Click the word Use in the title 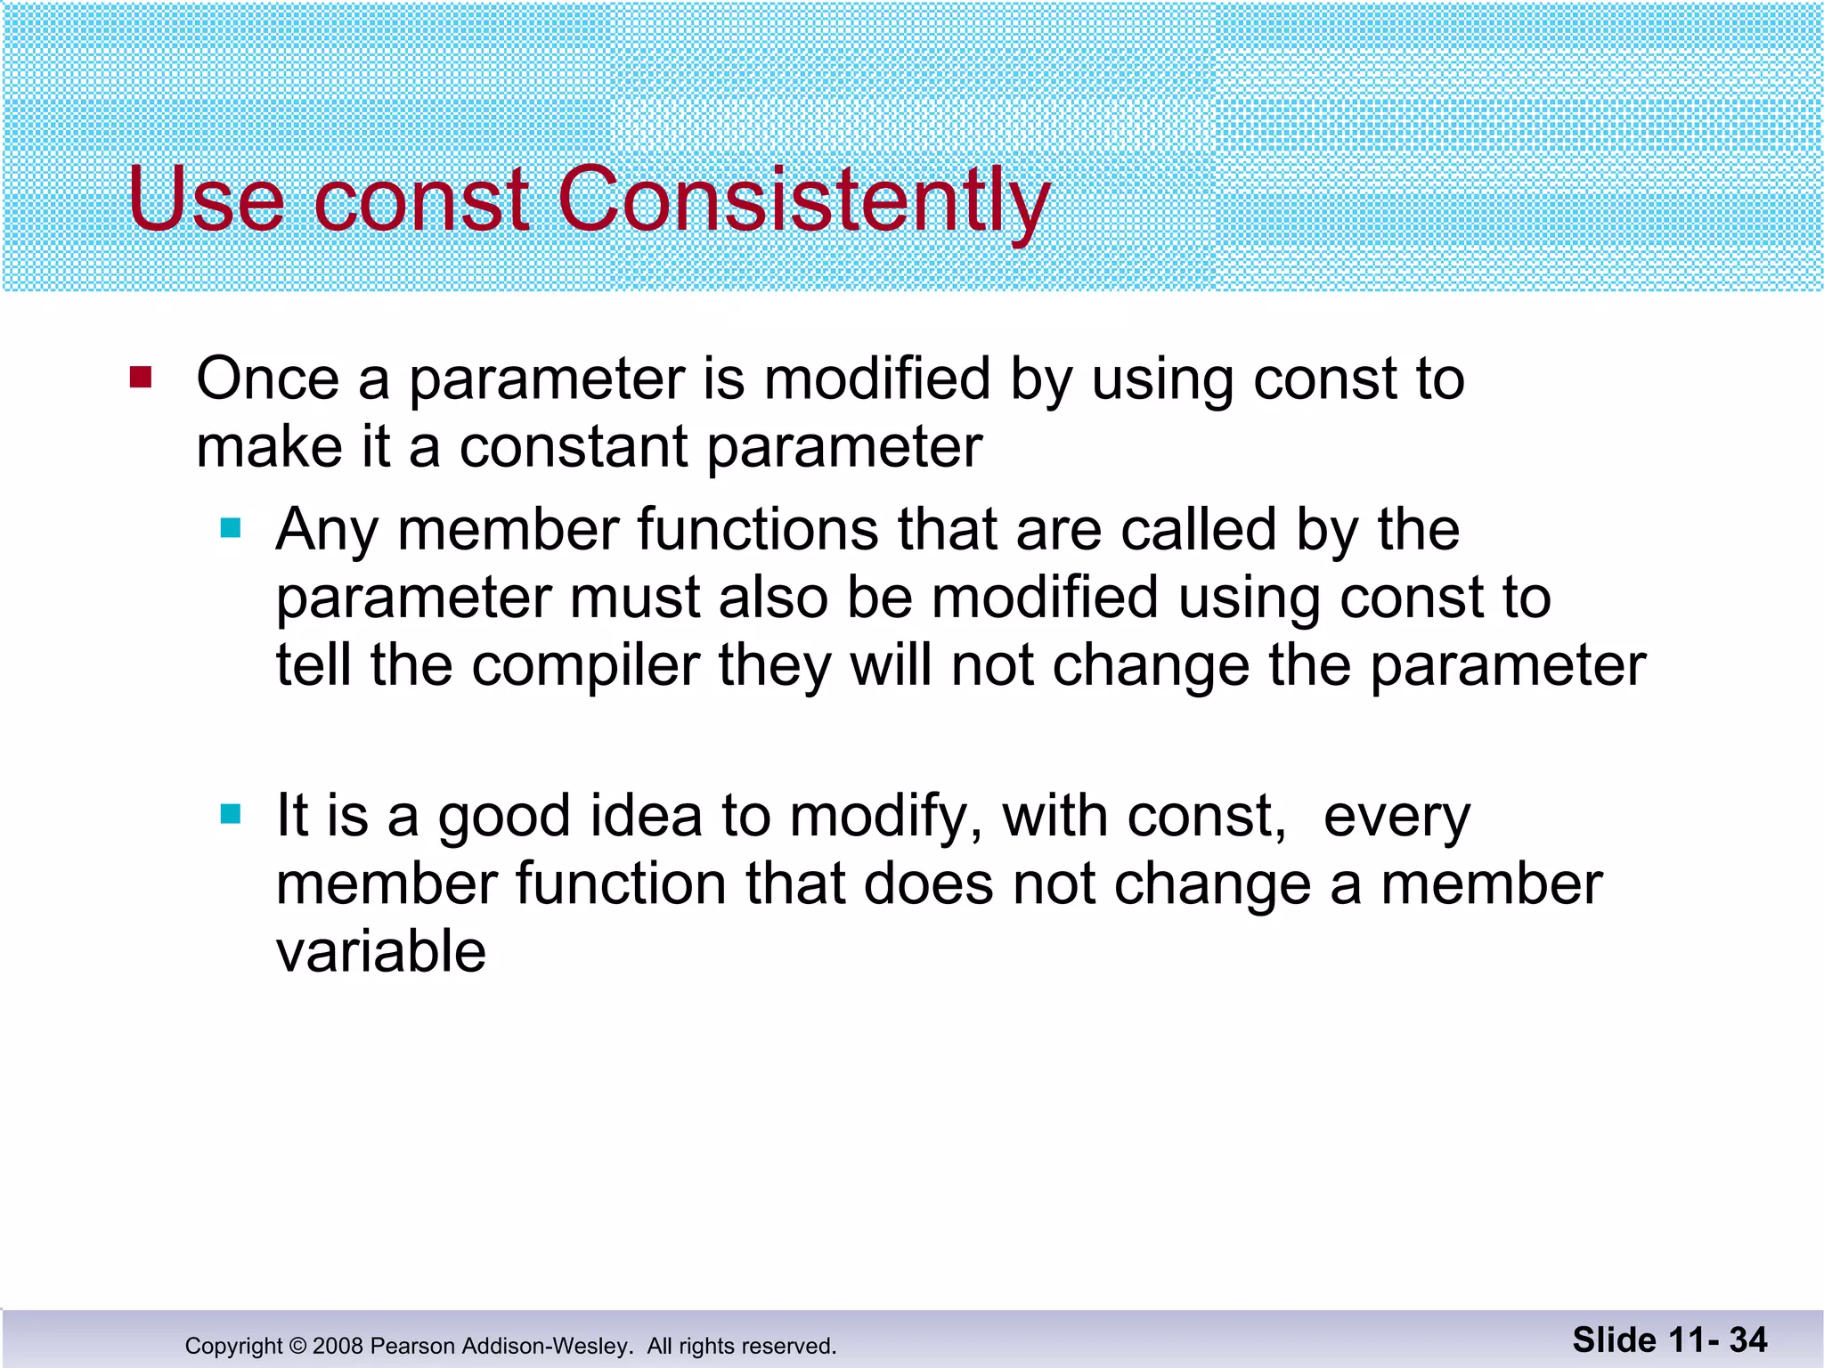(207, 199)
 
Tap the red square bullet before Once (141, 378)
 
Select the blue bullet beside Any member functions (231, 529)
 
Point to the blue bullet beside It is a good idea (231, 814)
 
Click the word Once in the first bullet (267, 379)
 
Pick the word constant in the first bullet (574, 447)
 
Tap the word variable (381, 951)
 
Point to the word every (1396, 818)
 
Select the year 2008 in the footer (338, 1346)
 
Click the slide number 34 (1748, 1340)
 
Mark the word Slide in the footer (1615, 1340)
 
